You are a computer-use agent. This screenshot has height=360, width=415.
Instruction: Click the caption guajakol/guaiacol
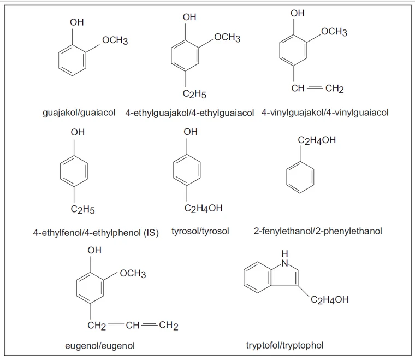coord(79,113)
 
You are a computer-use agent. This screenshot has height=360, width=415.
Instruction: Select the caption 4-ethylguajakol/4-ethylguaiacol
coord(189,113)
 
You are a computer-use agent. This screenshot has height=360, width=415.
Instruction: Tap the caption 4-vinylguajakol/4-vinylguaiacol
coord(325,113)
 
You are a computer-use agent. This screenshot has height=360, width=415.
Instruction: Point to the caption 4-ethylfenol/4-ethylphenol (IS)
coord(96,233)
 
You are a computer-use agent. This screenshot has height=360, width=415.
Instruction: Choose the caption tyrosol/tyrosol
coord(204,231)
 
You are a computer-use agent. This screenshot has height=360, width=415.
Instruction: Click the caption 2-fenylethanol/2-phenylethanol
coord(318,231)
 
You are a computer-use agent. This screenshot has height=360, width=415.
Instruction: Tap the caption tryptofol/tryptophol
coord(293,345)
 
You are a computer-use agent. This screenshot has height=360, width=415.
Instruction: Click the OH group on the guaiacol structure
coord(77,22)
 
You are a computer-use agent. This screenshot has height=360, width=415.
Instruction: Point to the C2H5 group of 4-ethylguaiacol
coord(194,94)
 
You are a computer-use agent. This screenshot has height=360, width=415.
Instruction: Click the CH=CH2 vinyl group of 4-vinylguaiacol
coord(317,88)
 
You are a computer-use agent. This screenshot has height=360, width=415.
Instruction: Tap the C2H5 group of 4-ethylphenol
coord(82,208)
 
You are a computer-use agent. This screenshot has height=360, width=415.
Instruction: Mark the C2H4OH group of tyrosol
coord(204,208)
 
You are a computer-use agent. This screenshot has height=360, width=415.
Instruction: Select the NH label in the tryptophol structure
coord(284,259)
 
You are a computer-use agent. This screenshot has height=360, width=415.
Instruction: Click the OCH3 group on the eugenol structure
coord(133,274)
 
